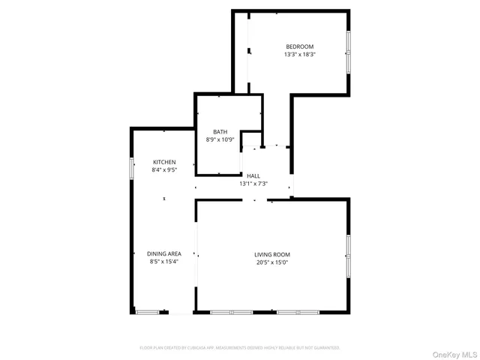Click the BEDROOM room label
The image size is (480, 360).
pos(299,46)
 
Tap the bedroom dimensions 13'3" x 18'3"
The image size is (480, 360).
pos(299,55)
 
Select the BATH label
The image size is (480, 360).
pos(220,131)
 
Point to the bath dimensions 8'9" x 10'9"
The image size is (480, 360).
pos(220,139)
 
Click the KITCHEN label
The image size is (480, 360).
pos(164,162)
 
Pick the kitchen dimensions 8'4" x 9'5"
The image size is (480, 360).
pos(164,170)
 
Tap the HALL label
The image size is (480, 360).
pos(253,175)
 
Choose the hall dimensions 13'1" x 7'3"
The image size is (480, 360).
pos(253,184)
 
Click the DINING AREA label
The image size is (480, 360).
pos(164,253)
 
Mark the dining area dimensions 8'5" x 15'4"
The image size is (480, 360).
pos(164,262)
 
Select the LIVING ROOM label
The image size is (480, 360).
pos(271,254)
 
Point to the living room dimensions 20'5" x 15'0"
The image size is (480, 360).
pos(271,262)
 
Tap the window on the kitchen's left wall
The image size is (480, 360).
pos(132,168)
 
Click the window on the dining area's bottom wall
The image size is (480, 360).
pos(148,312)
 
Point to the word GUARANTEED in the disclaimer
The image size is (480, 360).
pos(324,348)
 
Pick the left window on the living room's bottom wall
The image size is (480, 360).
pos(230,312)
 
